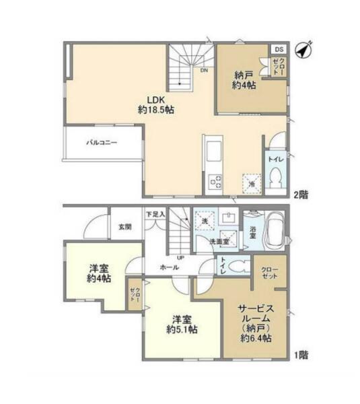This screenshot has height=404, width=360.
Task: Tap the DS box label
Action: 279,49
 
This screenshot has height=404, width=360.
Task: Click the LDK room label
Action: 156,100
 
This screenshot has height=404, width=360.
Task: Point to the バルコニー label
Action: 102,142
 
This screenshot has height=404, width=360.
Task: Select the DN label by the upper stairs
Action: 204,70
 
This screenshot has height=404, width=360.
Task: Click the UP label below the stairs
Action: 180,257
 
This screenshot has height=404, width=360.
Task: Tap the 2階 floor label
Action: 301,195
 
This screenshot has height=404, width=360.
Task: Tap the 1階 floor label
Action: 301,355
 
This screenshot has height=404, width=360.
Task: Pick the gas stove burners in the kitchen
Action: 215,182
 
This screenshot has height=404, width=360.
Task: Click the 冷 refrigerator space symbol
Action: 252,183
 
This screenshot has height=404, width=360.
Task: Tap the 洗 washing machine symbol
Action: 205,221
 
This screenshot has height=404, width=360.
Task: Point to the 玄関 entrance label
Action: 125,227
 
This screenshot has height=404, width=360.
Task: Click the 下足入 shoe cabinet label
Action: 155,214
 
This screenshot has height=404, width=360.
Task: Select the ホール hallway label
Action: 170,267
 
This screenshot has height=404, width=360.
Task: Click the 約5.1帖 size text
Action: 182,329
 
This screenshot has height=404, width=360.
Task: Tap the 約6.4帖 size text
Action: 256,338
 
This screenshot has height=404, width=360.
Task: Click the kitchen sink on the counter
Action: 214,154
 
